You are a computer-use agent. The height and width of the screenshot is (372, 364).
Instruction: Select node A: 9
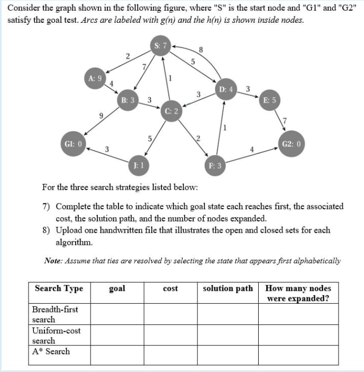(x=95, y=78)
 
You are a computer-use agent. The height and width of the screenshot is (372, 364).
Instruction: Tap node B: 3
(x=128, y=100)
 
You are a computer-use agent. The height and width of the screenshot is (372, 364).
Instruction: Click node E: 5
(x=269, y=100)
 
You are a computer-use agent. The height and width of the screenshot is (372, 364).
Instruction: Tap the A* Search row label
(x=51, y=351)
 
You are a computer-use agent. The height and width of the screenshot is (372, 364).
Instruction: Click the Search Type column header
(x=59, y=289)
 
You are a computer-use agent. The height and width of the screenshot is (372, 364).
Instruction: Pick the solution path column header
(x=228, y=289)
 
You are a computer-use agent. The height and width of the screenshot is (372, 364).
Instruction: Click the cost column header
(x=170, y=289)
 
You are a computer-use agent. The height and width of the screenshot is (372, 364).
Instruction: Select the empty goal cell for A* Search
(x=116, y=355)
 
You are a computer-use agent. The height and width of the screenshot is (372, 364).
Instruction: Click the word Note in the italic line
(x=54, y=261)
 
